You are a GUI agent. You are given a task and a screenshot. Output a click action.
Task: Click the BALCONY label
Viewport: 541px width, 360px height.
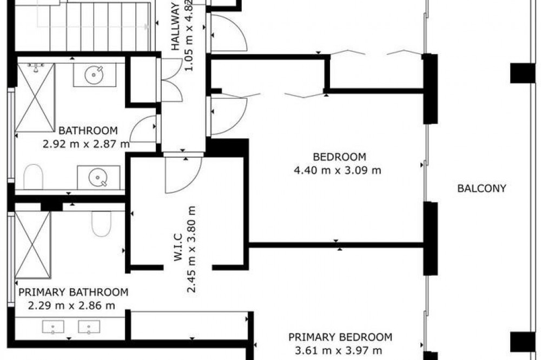[x=481, y=188]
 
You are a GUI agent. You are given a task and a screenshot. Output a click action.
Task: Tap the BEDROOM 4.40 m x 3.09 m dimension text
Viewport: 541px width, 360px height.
[x=338, y=170]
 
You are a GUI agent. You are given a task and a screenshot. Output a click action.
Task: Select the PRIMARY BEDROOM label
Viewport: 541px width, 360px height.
[x=340, y=337]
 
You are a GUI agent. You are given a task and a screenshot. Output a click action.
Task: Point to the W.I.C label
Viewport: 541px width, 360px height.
[x=178, y=247]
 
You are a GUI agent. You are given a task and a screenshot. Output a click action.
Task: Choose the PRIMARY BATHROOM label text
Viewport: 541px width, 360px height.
[x=73, y=292]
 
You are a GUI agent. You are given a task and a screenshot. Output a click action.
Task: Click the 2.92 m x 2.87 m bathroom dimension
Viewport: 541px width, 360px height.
[x=86, y=144]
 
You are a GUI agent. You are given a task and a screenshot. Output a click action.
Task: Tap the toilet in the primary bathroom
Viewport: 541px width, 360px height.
[x=102, y=224]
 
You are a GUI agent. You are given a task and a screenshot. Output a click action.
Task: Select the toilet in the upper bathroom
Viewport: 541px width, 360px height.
[x=33, y=177]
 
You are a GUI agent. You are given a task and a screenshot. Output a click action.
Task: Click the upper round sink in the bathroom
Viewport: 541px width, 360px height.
[x=94, y=75]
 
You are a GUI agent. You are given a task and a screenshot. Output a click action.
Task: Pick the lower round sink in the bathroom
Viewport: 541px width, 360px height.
[x=98, y=178]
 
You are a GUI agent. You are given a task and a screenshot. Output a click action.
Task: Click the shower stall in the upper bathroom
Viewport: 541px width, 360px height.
[x=35, y=97]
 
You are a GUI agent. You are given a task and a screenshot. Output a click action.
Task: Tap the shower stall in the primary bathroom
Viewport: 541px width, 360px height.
[x=32, y=245]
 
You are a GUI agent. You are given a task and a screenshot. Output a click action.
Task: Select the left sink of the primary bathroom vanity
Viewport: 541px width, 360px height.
[x=53, y=327]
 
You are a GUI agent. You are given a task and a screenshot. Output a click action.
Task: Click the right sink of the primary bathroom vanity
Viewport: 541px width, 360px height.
[x=89, y=327]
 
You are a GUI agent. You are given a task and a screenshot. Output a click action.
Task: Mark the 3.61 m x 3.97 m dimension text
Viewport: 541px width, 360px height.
[x=339, y=351]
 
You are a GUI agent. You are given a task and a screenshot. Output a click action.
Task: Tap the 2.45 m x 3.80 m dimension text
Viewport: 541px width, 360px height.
[x=192, y=249]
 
